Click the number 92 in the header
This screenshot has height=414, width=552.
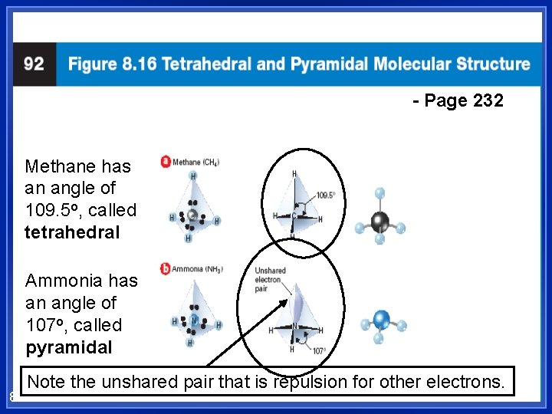click(34, 64)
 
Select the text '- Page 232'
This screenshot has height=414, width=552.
click(458, 100)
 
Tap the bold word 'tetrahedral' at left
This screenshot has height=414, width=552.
click(72, 232)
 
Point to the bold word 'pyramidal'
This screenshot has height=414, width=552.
click(68, 347)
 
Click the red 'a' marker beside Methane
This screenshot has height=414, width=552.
click(165, 162)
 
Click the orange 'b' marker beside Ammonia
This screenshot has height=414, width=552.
click(165, 268)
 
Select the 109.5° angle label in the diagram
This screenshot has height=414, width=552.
click(326, 195)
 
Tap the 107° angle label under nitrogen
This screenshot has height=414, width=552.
click(318, 351)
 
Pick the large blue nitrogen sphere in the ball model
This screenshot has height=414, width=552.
click(381, 320)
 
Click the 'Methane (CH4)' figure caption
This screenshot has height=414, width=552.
click(196, 162)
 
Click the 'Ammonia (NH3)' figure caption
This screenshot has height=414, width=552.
click(198, 269)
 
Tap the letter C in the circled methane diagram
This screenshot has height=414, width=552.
click(292, 215)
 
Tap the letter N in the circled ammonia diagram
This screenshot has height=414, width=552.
click(294, 325)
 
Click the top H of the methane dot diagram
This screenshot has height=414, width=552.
click(192, 176)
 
